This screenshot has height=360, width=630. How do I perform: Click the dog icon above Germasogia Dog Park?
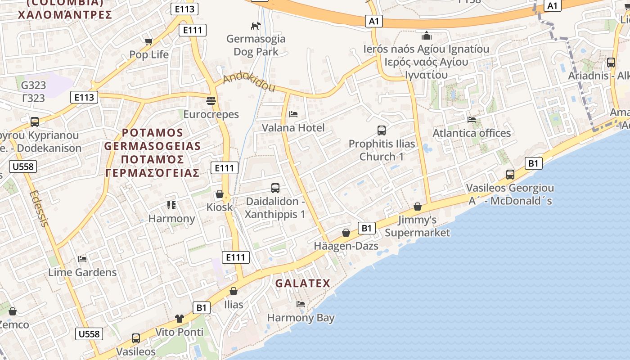(256, 26)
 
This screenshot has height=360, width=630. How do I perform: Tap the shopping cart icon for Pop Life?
(148, 41)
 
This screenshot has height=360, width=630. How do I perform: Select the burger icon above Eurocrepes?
(211, 100)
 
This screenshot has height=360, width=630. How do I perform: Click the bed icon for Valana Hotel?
(293, 114)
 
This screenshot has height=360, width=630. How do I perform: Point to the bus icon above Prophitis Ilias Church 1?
(382, 130)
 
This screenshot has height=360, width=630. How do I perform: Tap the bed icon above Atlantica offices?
(472, 119)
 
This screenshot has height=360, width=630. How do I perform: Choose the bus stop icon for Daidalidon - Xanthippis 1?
(275, 188)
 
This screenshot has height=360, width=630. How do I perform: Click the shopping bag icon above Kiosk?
(220, 194)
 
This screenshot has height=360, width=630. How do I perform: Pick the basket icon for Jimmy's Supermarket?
(418, 207)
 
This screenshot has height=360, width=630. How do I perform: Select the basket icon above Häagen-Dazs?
(346, 233)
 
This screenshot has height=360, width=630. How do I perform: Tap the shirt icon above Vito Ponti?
(180, 319)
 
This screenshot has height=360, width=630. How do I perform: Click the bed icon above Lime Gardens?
(82, 259)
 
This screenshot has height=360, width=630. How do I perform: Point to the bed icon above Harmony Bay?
(301, 304)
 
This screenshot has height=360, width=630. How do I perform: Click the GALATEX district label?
(302, 283)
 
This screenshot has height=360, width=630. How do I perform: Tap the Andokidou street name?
(249, 82)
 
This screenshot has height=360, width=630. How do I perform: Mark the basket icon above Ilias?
(234, 291)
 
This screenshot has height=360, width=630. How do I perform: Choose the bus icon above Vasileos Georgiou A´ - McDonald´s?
(510, 174)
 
